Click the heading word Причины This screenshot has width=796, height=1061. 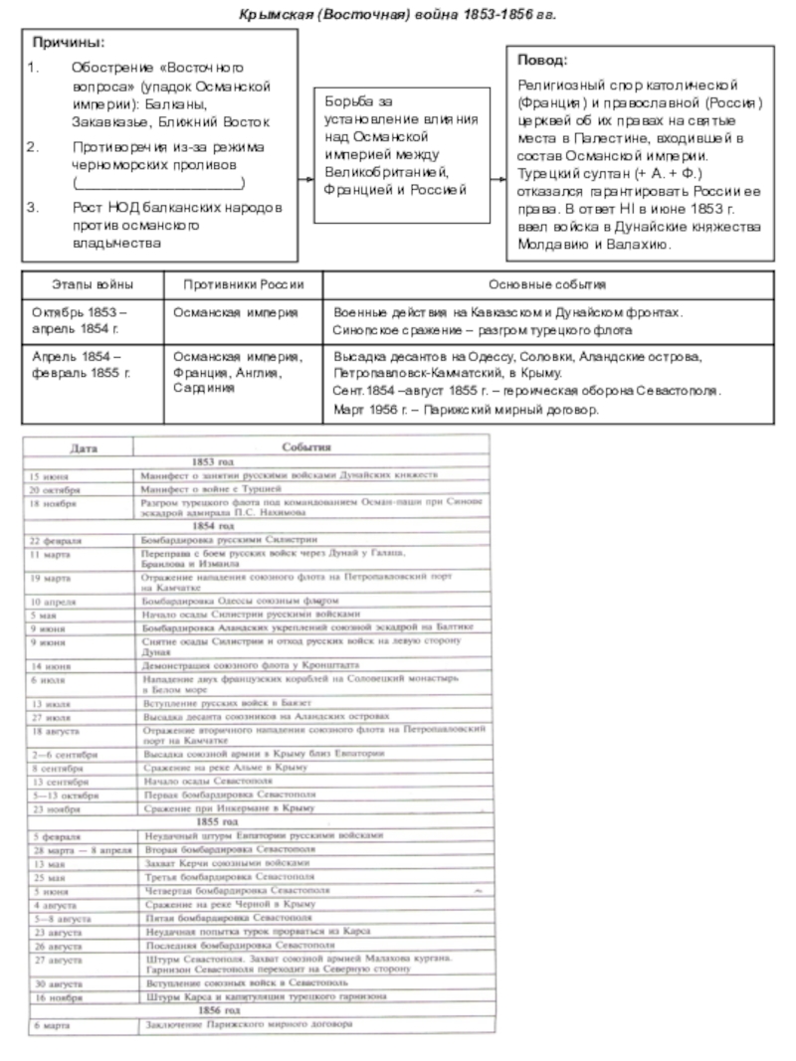pyautogui.click(x=68, y=44)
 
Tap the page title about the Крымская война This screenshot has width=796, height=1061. pyautogui.click(x=397, y=16)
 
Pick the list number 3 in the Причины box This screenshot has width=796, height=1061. pyautogui.click(x=33, y=208)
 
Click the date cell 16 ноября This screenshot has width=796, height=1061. pyautogui.click(x=54, y=995)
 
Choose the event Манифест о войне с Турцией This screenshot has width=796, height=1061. pyautogui.click(x=212, y=489)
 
